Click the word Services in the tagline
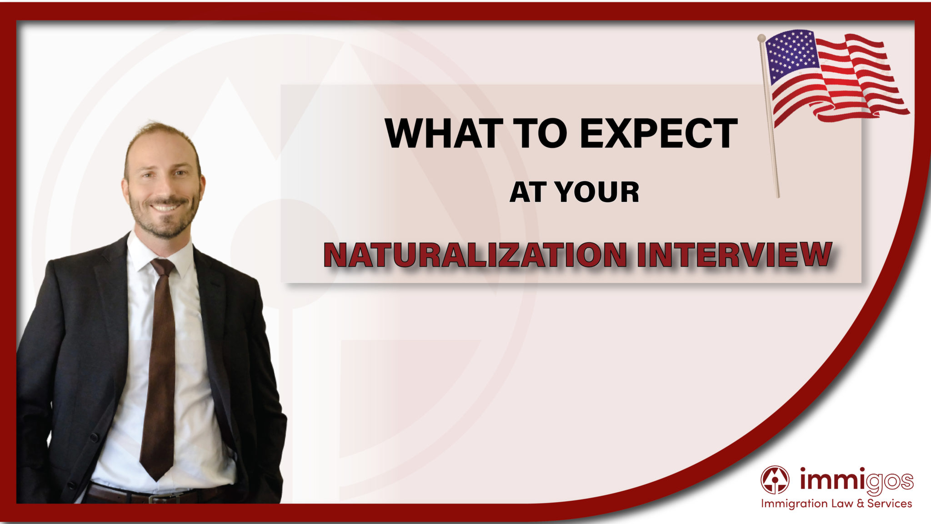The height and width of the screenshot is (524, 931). click(x=889, y=504)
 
